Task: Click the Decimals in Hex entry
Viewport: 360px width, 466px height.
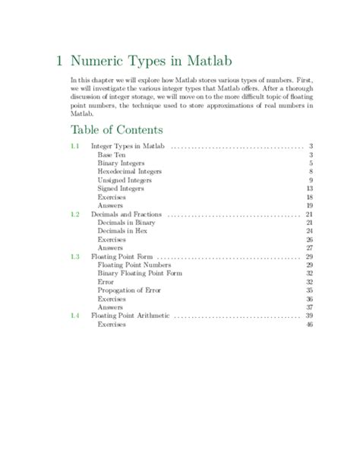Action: (124, 230)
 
